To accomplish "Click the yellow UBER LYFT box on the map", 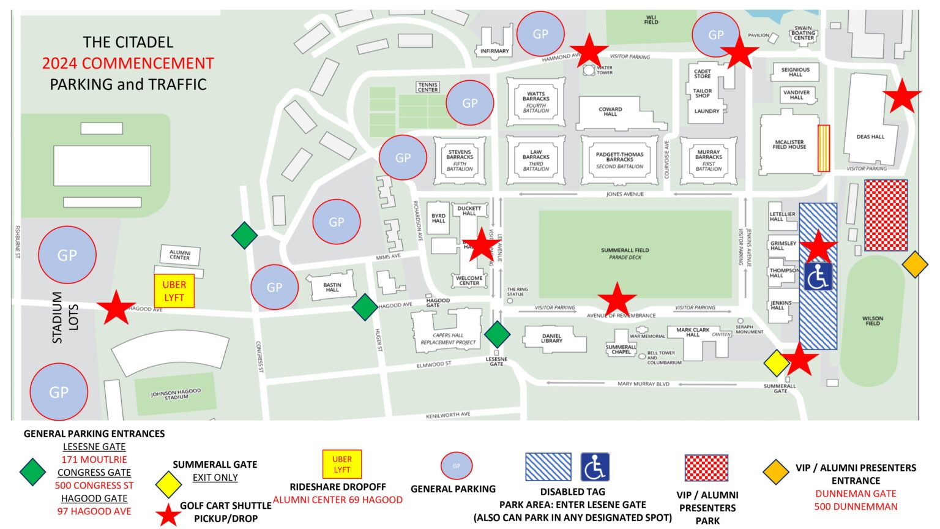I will [x=174, y=291].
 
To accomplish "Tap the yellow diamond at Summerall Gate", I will [x=777, y=363].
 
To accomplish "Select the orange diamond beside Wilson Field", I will [x=915, y=264].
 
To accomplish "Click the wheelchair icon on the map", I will [x=818, y=277].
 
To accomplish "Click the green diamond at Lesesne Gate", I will [x=497, y=334].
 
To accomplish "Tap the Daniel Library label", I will [x=551, y=338].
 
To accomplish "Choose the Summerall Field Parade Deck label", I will [x=625, y=253].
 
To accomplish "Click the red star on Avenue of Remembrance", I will [x=617, y=300].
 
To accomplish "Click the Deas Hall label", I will [x=870, y=137].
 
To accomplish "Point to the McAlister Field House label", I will [x=789, y=144].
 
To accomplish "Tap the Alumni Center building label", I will [x=179, y=255].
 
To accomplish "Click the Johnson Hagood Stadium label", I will [x=176, y=394].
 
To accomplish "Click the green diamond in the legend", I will [x=32, y=472].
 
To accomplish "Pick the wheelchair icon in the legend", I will [x=594, y=467].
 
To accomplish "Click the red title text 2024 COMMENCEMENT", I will [x=128, y=63].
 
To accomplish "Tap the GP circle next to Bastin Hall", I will [x=274, y=287].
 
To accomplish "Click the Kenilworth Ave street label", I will [x=448, y=415].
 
